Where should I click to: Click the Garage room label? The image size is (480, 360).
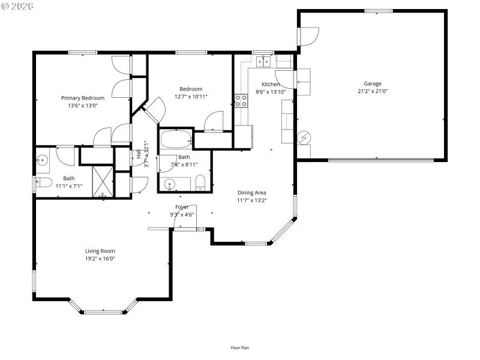coord(372,83)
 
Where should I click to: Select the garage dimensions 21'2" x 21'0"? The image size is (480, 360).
coord(372,91)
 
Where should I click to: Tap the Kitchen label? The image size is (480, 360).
coord(271,84)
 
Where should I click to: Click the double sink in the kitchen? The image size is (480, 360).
coord(263,61)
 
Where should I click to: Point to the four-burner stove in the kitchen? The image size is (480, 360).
coord(241,100)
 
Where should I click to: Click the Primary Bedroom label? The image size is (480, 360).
coord(83,98)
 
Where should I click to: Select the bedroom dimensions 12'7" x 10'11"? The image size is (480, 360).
coord(191,96)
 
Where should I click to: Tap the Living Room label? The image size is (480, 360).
coord(100,251)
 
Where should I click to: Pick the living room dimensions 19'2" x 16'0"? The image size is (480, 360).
coord(100,259)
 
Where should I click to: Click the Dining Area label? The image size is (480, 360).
coord(251,193)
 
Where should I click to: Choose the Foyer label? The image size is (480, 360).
coord(182,207)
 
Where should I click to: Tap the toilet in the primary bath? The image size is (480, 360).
coord(43,183)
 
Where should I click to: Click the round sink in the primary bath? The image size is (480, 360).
coord(43,160)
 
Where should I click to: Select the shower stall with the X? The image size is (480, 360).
coord(103,181)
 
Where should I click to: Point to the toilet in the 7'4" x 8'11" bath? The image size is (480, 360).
coord(201,183)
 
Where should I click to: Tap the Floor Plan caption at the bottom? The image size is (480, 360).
coord(240,347)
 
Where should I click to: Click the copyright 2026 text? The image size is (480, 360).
coord(17,6)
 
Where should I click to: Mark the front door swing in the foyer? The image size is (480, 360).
coord(181,217)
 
